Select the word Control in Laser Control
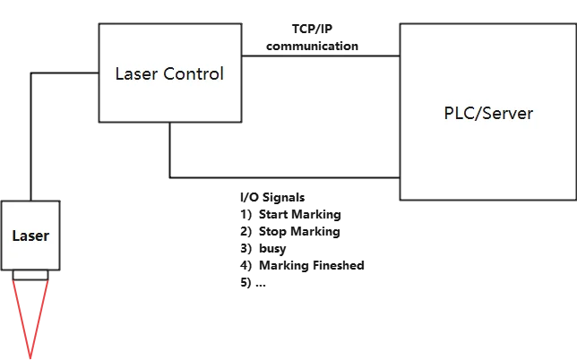pos(193,73)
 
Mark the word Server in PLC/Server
pos(509,114)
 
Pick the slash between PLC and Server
pos(478,114)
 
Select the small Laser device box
pos(30,235)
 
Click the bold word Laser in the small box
pos(30,236)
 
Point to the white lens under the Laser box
pos(30,273)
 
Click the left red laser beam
pos(22,313)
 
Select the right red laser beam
pos(40,313)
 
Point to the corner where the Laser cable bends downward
pos(31,76)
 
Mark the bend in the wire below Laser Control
pos(167,174)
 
